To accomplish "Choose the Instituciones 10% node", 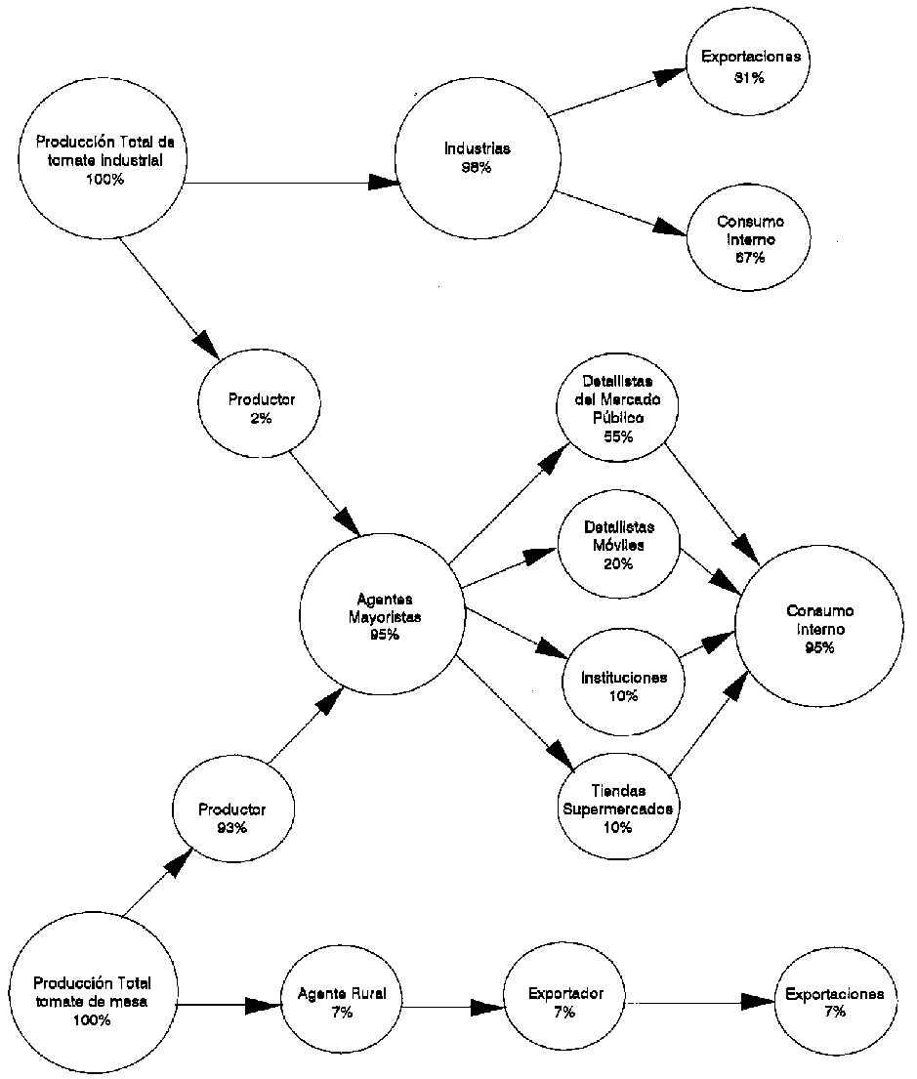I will (x=623, y=685).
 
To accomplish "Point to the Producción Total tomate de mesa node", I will (x=91, y=1000).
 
